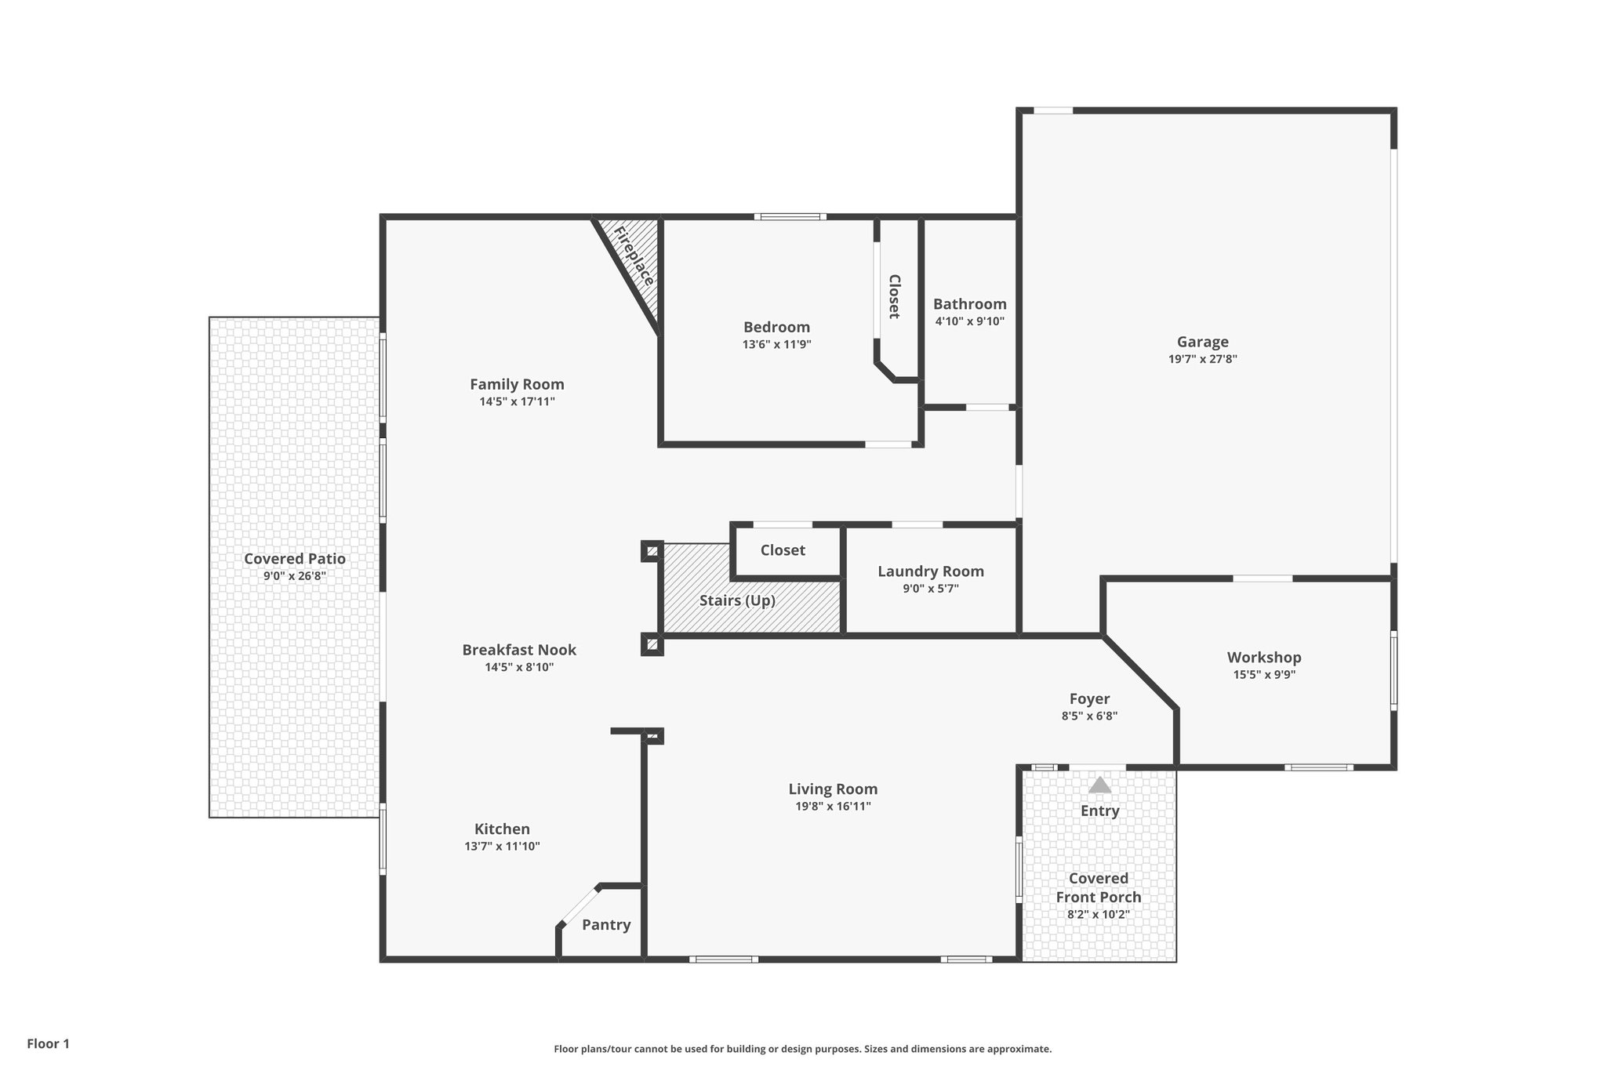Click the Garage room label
(1202, 342)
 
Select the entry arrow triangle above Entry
(1099, 785)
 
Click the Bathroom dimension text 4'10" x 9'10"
(969, 321)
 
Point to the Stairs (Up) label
(737, 600)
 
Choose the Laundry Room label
(930, 571)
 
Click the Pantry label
(606, 925)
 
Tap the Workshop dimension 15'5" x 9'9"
(1264, 675)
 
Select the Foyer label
(1089, 698)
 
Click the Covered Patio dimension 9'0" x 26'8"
(294, 576)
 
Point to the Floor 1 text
(49, 1043)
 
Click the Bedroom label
(776, 327)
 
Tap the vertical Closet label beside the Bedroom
(894, 296)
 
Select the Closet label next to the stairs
(783, 550)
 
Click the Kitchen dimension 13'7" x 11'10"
(502, 847)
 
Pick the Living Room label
(833, 789)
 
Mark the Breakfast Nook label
(519, 650)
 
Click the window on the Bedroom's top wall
(790, 216)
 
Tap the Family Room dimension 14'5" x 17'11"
(517, 402)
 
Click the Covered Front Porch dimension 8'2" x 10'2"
(1098, 915)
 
